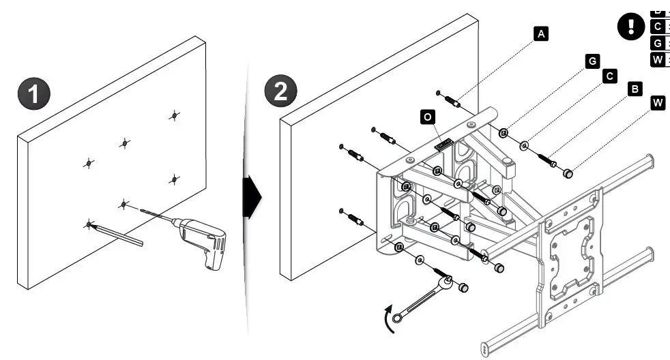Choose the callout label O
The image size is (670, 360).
point(427,117)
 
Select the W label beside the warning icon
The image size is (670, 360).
point(658,60)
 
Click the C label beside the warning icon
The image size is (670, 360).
point(658,27)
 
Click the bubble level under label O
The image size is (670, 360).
point(444,143)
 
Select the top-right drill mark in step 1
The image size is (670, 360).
point(175,115)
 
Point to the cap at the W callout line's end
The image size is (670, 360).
point(567,174)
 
